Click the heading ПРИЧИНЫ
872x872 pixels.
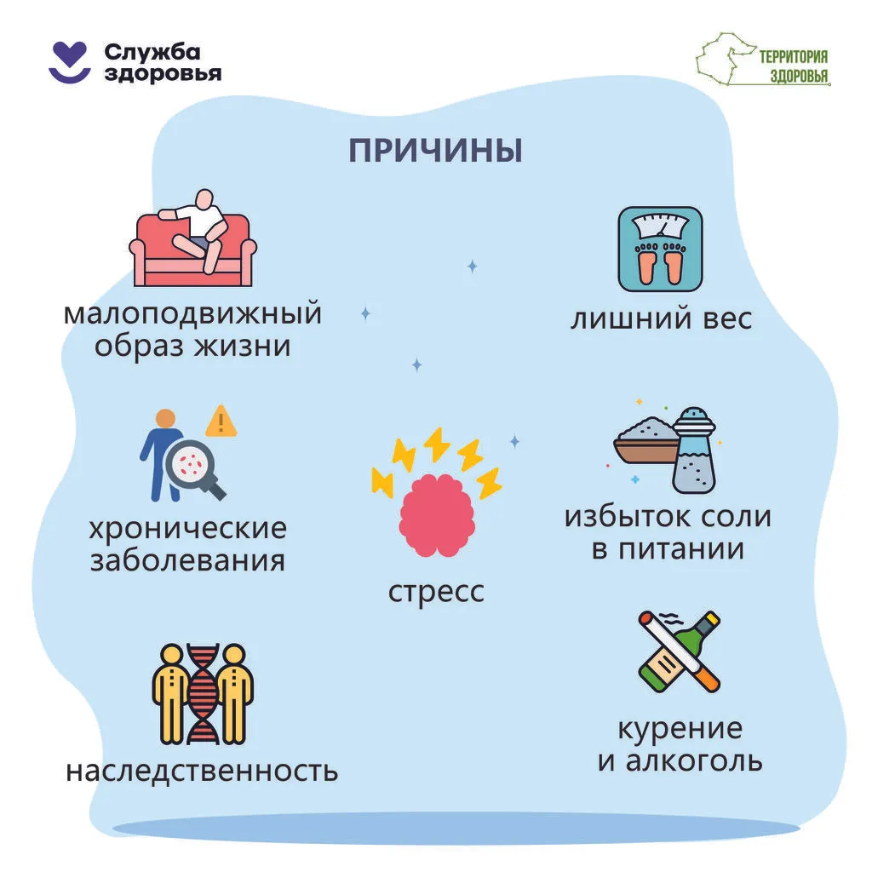435,150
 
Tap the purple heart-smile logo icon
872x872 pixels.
70,62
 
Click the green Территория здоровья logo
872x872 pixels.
763,60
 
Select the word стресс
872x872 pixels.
436,592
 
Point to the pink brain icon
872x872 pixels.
437,515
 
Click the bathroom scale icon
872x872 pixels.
660,250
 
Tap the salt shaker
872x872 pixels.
694,450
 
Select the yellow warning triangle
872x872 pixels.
221,422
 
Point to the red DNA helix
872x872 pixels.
202,694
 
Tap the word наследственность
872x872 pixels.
202,771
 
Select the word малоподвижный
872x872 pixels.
192,314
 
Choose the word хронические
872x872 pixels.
188,528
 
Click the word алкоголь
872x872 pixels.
694,760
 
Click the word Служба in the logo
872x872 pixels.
152,52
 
